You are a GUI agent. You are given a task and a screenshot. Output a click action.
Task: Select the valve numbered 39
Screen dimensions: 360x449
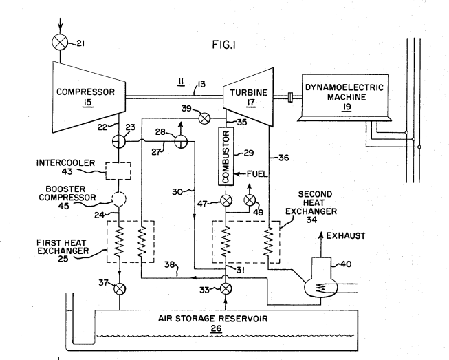(x=203, y=118)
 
